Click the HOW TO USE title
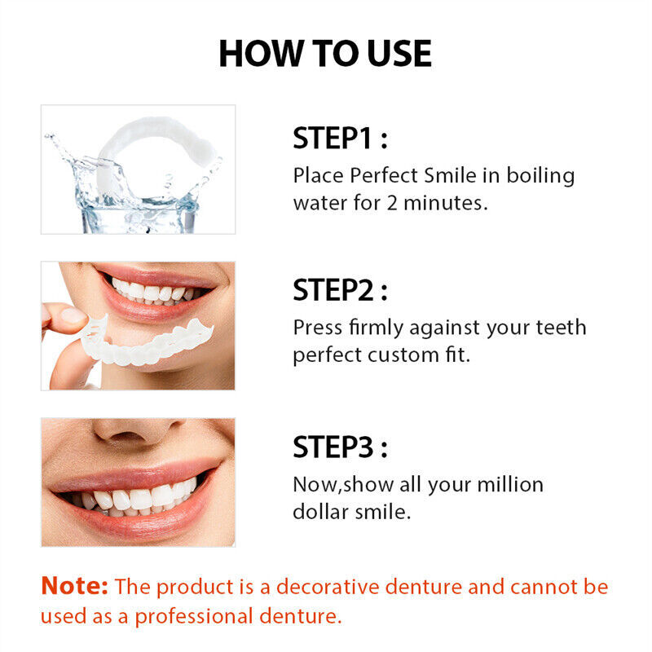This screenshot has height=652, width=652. tap(325, 53)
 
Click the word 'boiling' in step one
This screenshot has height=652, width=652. tap(540, 176)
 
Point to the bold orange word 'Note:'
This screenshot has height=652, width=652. tap(74, 586)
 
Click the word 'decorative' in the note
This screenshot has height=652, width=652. tap(340, 587)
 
